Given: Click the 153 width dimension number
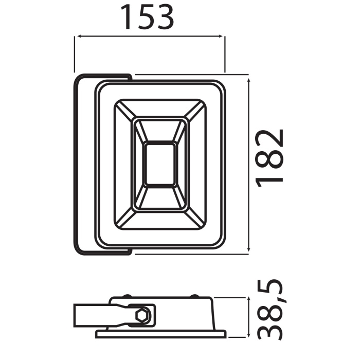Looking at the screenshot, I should [148, 17].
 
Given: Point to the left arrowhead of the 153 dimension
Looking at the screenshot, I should [78, 37].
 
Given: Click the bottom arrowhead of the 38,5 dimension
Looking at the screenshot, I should [249, 335].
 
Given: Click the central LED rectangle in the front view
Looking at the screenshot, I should [159, 165].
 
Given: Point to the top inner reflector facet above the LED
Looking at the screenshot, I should [159, 131].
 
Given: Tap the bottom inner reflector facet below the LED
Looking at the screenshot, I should [159, 199].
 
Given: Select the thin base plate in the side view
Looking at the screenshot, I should [159, 335].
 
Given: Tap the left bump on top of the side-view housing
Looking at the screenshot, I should [125, 296].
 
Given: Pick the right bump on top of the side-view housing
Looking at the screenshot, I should [194, 296].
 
